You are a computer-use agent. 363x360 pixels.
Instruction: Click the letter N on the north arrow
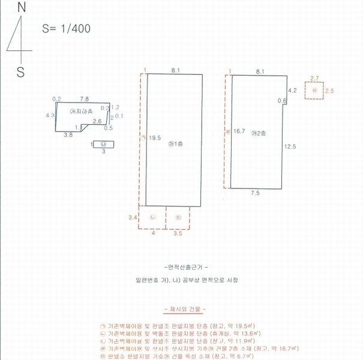click(x=22, y=8)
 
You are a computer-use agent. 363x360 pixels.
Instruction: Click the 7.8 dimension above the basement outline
click(x=85, y=98)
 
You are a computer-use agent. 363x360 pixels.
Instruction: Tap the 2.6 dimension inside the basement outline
click(x=97, y=121)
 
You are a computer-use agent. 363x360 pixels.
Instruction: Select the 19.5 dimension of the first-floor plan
click(x=154, y=137)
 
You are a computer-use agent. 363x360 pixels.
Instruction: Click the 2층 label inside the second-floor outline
click(x=259, y=133)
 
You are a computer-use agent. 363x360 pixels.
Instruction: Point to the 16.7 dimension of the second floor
click(x=240, y=130)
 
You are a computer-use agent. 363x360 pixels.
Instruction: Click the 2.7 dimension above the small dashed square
click(x=314, y=79)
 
